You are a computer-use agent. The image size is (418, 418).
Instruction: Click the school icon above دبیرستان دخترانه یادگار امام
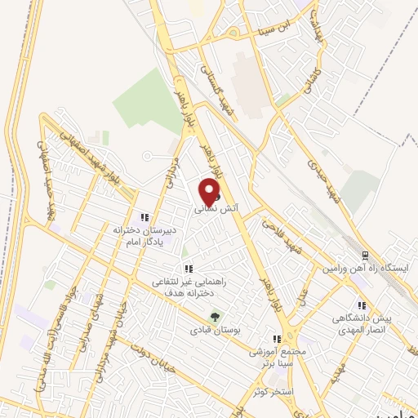pos(144,217)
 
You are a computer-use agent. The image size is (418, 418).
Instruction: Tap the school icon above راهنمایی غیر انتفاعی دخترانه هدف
pos(189,269)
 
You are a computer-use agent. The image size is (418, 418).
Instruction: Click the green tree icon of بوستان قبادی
pos(216,316)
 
